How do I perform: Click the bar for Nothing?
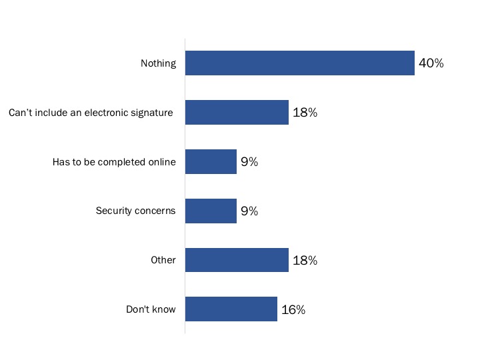coord(299,63)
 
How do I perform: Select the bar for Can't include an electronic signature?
coord(237,113)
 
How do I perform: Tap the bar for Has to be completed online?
coord(211,162)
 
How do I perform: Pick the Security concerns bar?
coord(211,211)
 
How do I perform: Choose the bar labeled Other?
coord(237,260)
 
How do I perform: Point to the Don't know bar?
coord(231,309)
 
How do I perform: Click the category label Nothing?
coord(158,64)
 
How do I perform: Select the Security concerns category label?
coord(135,211)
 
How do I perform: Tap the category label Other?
coord(163,261)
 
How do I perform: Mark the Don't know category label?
coord(151,310)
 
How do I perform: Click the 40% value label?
coord(431,64)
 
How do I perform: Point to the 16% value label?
coord(293,310)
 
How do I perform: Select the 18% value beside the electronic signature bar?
coord(305,113)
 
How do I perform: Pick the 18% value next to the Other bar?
coord(305,261)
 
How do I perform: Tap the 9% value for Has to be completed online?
coord(249,162)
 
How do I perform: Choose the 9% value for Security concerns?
coord(249,211)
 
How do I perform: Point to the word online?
coord(162,162)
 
